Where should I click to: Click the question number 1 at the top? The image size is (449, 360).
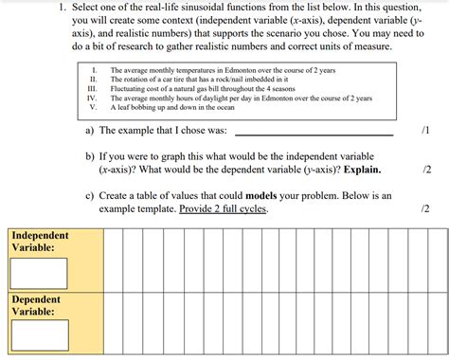[x=61, y=9]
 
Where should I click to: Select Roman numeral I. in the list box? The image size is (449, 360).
[x=94, y=70]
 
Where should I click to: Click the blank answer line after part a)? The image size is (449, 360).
[x=313, y=132]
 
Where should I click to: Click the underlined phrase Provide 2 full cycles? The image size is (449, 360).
[x=223, y=208]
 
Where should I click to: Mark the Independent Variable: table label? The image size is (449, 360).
[x=40, y=241]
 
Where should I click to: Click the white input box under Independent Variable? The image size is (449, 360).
[x=40, y=273]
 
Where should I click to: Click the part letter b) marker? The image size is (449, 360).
[x=90, y=155]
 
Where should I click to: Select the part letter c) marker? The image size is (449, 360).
[x=90, y=195]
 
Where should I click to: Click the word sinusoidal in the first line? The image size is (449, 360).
[x=210, y=9]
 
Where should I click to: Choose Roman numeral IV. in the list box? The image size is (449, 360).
[x=93, y=98]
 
